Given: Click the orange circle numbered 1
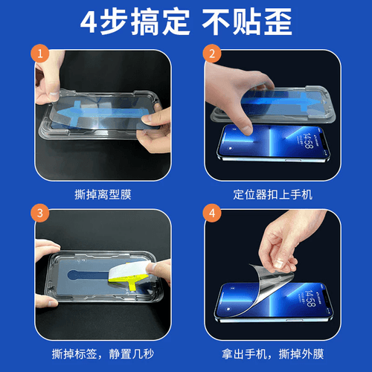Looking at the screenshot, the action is tap(40, 54).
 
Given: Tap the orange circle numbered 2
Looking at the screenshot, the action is tap(212, 54).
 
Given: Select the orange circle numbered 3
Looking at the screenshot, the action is tap(40, 213).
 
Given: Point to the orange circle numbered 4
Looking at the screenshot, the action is tap(212, 213).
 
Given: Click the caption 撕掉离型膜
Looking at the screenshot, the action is tap(103, 194).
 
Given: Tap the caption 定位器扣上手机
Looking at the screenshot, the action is tap(272, 194).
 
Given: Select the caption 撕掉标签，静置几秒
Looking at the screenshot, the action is tap(103, 354).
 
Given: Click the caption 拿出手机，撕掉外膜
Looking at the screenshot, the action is tap(272, 354).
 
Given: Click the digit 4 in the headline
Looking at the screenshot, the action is tap(89, 22).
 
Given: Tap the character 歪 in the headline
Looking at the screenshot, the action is tap(278, 22).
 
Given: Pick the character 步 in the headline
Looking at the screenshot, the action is tap(114, 22).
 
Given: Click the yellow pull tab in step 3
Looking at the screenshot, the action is tap(132, 281).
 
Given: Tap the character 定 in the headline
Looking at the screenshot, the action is tap(176, 22).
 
